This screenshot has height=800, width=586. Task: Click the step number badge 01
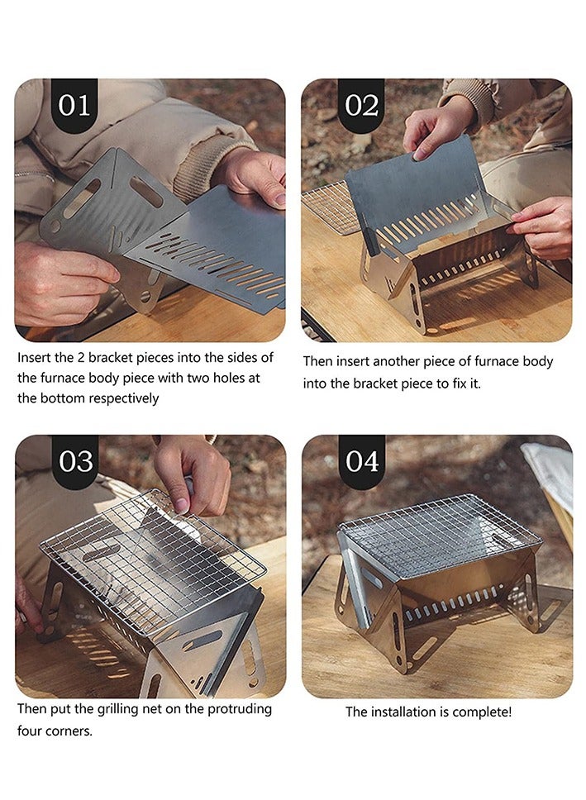(74, 105)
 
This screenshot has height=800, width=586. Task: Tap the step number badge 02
(361, 105)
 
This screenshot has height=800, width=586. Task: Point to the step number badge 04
(361, 461)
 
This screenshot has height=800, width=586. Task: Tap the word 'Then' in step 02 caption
(319, 361)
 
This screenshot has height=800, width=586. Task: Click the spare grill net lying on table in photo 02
(331, 207)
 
